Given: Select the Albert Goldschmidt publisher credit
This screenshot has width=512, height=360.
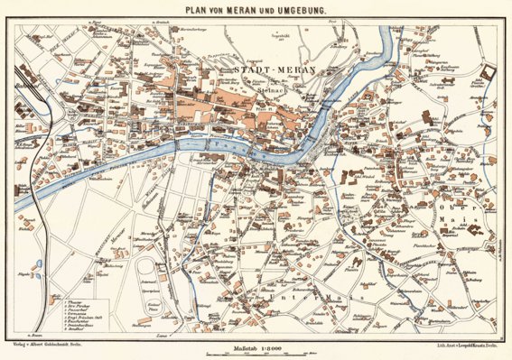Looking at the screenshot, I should [x=60, y=344].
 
